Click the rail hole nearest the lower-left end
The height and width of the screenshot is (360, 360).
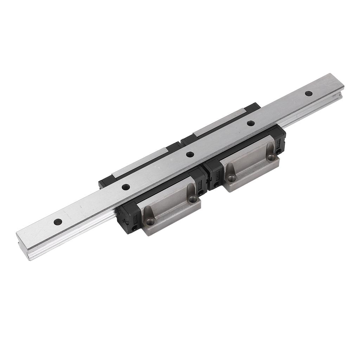[x=58, y=221]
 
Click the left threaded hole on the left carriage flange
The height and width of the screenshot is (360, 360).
[x=150, y=221]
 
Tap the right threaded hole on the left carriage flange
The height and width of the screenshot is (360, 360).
[x=192, y=199]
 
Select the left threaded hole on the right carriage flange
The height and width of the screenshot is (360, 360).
[x=231, y=178]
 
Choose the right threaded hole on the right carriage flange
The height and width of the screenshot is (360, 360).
[x=271, y=158]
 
